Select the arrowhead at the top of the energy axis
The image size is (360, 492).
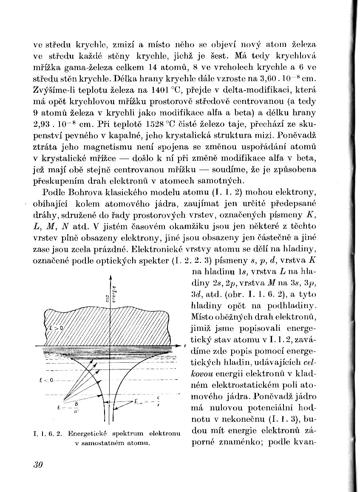111,277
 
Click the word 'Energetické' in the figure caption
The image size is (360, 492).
86,434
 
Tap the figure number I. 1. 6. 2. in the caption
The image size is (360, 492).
47,434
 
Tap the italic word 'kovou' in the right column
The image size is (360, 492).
201,374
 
